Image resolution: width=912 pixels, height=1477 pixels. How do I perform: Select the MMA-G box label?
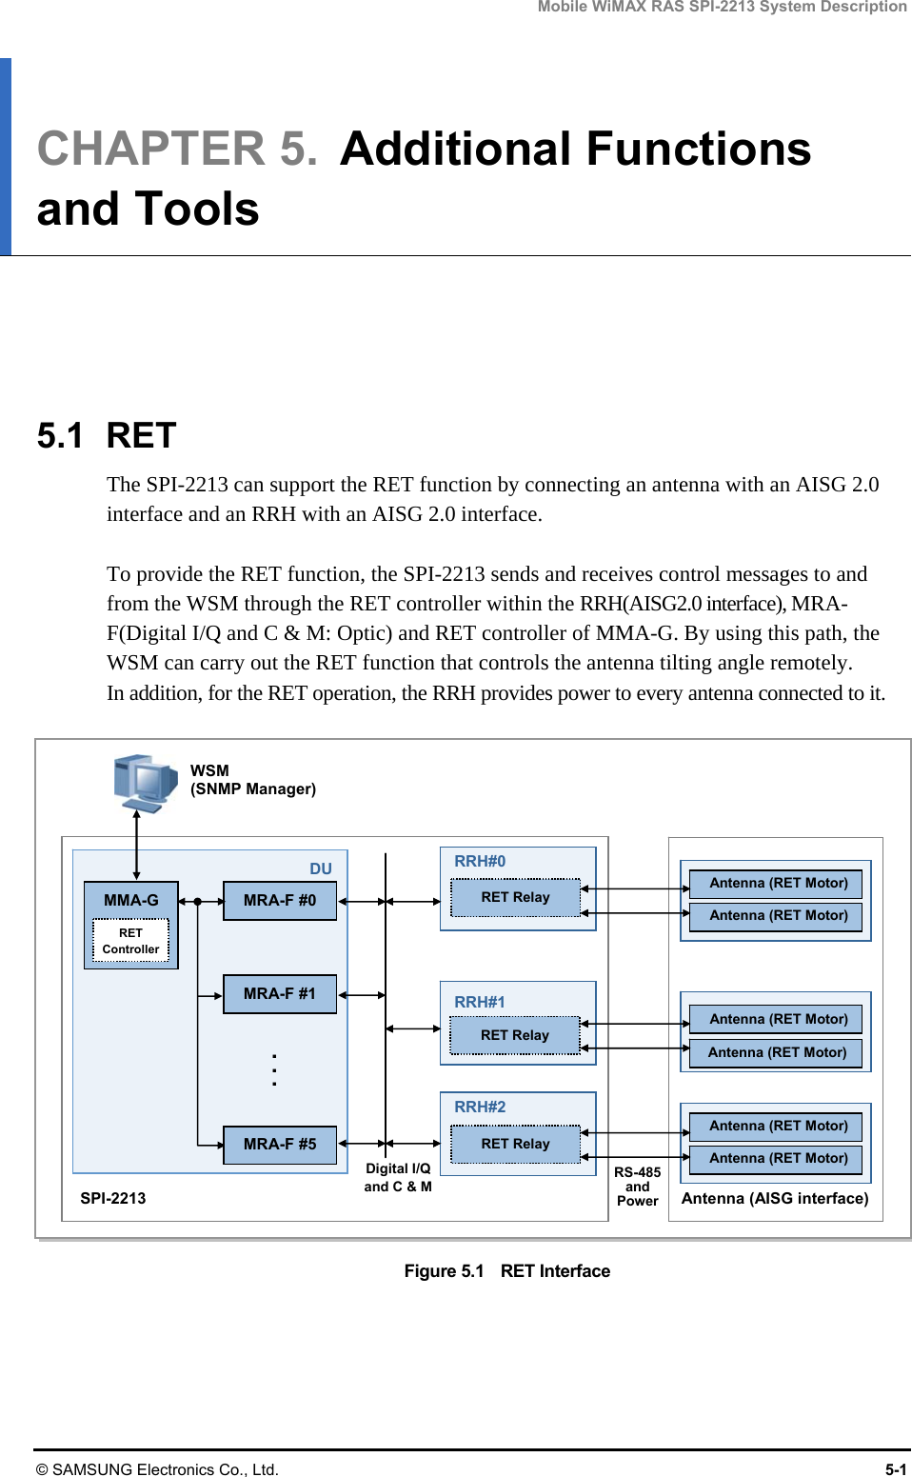point(131,900)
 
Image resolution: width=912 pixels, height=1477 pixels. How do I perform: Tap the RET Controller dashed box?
point(130,941)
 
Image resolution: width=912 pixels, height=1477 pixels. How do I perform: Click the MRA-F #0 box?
point(280,901)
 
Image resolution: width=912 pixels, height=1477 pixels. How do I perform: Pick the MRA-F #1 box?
point(280,994)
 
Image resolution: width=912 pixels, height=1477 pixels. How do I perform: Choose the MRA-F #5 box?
point(280,1145)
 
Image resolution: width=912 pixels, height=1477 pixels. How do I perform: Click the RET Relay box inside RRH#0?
point(515,897)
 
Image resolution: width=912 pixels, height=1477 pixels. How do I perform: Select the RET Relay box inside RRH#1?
point(515,1035)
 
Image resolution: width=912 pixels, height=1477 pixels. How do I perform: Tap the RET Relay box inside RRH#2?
point(515,1144)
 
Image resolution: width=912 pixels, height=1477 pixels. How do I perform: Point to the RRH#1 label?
point(480,1002)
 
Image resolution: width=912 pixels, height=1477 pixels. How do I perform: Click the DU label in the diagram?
point(321,868)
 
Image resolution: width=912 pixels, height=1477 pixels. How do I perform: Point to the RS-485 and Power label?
point(637,1187)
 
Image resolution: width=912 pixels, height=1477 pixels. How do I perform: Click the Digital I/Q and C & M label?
point(398,1178)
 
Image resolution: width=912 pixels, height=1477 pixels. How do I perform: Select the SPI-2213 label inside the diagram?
point(113,1198)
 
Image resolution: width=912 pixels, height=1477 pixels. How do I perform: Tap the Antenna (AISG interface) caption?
point(775,1198)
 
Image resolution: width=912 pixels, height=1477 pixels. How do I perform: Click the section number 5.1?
point(59,436)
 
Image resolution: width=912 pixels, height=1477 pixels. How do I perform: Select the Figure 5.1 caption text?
point(506,1271)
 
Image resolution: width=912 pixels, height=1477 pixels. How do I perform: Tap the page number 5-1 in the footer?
point(895,1469)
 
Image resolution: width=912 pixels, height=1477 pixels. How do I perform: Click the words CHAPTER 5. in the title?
point(177,150)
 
